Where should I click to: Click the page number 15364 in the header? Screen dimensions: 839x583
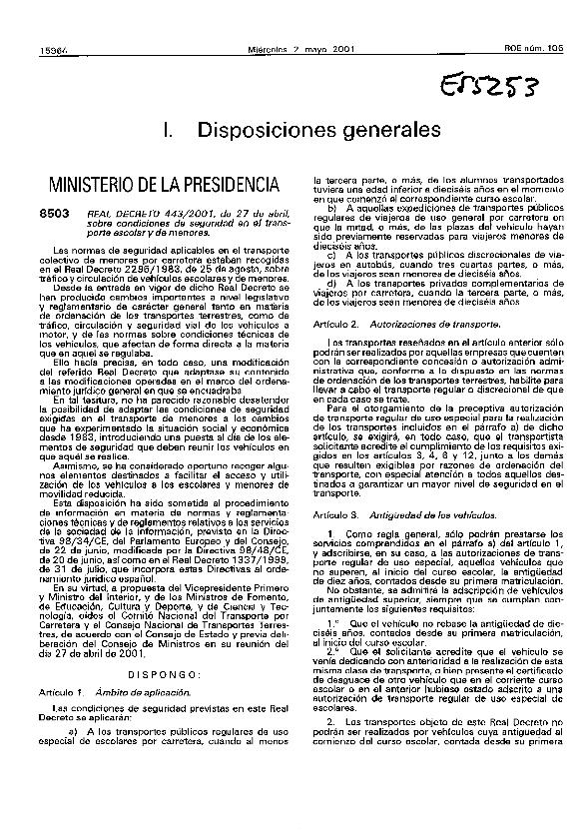click(x=47, y=20)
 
